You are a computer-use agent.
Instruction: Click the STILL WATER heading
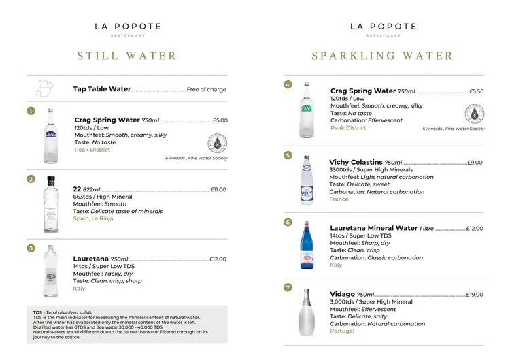coord(127,56)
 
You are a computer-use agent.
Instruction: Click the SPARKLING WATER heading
coord(382,56)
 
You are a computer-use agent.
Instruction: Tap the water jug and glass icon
coord(44,89)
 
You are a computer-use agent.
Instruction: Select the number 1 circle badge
coord(31,111)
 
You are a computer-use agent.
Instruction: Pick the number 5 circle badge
coord(288,155)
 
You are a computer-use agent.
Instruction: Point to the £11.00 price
coord(218,190)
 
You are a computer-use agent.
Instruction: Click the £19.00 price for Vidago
coord(475,295)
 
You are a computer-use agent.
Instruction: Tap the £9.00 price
coord(475,163)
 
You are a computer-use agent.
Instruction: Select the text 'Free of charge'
coord(207,89)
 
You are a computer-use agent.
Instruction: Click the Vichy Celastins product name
coord(356,163)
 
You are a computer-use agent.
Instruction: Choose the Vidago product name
coord(342,294)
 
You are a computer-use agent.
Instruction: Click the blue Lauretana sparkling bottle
coord(307,246)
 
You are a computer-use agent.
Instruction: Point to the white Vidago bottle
coord(307,312)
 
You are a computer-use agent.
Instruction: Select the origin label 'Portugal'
coord(342,331)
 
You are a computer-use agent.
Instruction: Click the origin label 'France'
coord(339,199)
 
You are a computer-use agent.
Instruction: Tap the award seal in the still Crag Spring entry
coord(217,144)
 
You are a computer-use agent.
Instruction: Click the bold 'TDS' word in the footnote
coord(37,312)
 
